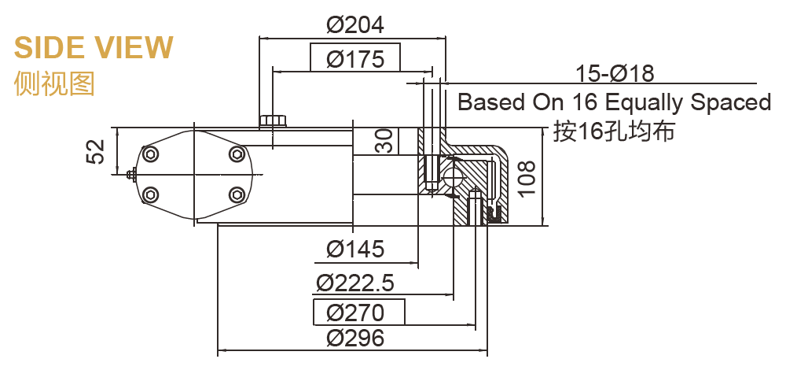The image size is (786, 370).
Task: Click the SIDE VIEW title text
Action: (94, 48)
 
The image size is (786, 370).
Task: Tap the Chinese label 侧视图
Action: (54, 83)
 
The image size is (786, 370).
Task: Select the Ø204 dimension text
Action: (355, 25)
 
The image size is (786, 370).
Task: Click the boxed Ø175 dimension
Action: (355, 59)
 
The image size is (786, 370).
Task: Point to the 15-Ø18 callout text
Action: (615, 74)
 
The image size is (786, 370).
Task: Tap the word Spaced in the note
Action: (730, 102)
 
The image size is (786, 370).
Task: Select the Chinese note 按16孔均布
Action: (614, 131)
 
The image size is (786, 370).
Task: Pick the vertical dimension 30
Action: (384, 142)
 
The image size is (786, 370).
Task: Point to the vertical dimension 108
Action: (527, 178)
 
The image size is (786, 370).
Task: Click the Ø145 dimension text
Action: (355, 250)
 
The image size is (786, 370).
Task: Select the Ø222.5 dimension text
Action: (354, 283)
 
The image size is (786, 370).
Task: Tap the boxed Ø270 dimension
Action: (355, 313)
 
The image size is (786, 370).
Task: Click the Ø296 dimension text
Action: (355, 339)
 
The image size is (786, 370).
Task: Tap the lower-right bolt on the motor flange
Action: (237, 194)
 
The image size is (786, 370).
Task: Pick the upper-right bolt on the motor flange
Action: (237, 153)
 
